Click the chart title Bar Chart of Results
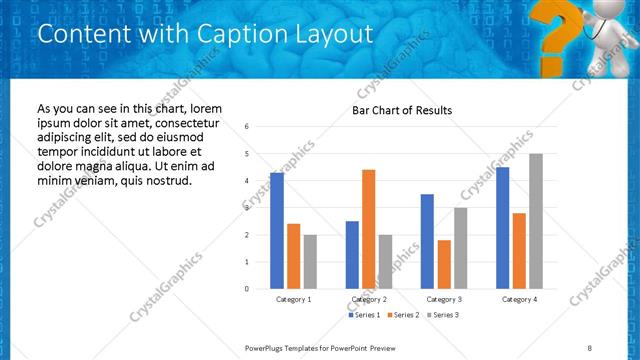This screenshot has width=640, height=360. pyautogui.click(x=402, y=110)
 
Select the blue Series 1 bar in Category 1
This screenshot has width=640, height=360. pyautogui.click(x=277, y=230)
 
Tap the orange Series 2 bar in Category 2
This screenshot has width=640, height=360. pyautogui.click(x=368, y=229)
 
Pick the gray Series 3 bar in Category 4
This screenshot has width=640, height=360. pyautogui.click(x=536, y=221)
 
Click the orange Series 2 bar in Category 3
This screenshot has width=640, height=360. pyautogui.click(x=444, y=264)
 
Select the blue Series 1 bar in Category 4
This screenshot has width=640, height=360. pyautogui.click(x=502, y=228)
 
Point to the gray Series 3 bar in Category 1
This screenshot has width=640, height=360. pyautogui.click(x=310, y=262)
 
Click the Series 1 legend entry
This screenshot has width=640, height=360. pyautogui.click(x=365, y=315)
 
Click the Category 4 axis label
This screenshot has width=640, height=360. pyautogui.click(x=519, y=299)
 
